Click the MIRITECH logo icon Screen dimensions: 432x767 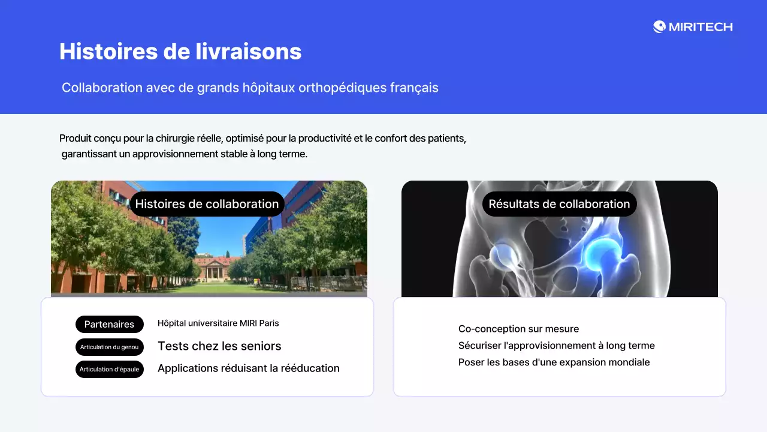(x=659, y=26)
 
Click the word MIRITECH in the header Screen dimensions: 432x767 (x=700, y=27)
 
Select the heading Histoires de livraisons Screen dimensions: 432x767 (x=180, y=52)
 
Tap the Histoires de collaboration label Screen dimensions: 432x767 (x=207, y=204)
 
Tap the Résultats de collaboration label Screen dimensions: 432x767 (x=559, y=204)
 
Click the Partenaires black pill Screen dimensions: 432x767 (x=109, y=324)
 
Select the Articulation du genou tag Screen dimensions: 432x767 (x=109, y=347)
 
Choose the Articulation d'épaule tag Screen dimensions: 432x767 (x=109, y=369)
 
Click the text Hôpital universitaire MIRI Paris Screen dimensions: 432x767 (x=218, y=323)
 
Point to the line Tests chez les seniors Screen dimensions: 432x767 (x=219, y=346)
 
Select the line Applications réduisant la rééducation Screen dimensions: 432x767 (x=248, y=368)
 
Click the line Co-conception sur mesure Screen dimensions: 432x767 (x=518, y=329)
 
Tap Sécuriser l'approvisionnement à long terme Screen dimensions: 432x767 (x=556, y=346)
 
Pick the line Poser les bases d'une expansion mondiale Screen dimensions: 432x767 (x=554, y=362)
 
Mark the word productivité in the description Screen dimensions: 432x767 (x=324, y=139)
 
